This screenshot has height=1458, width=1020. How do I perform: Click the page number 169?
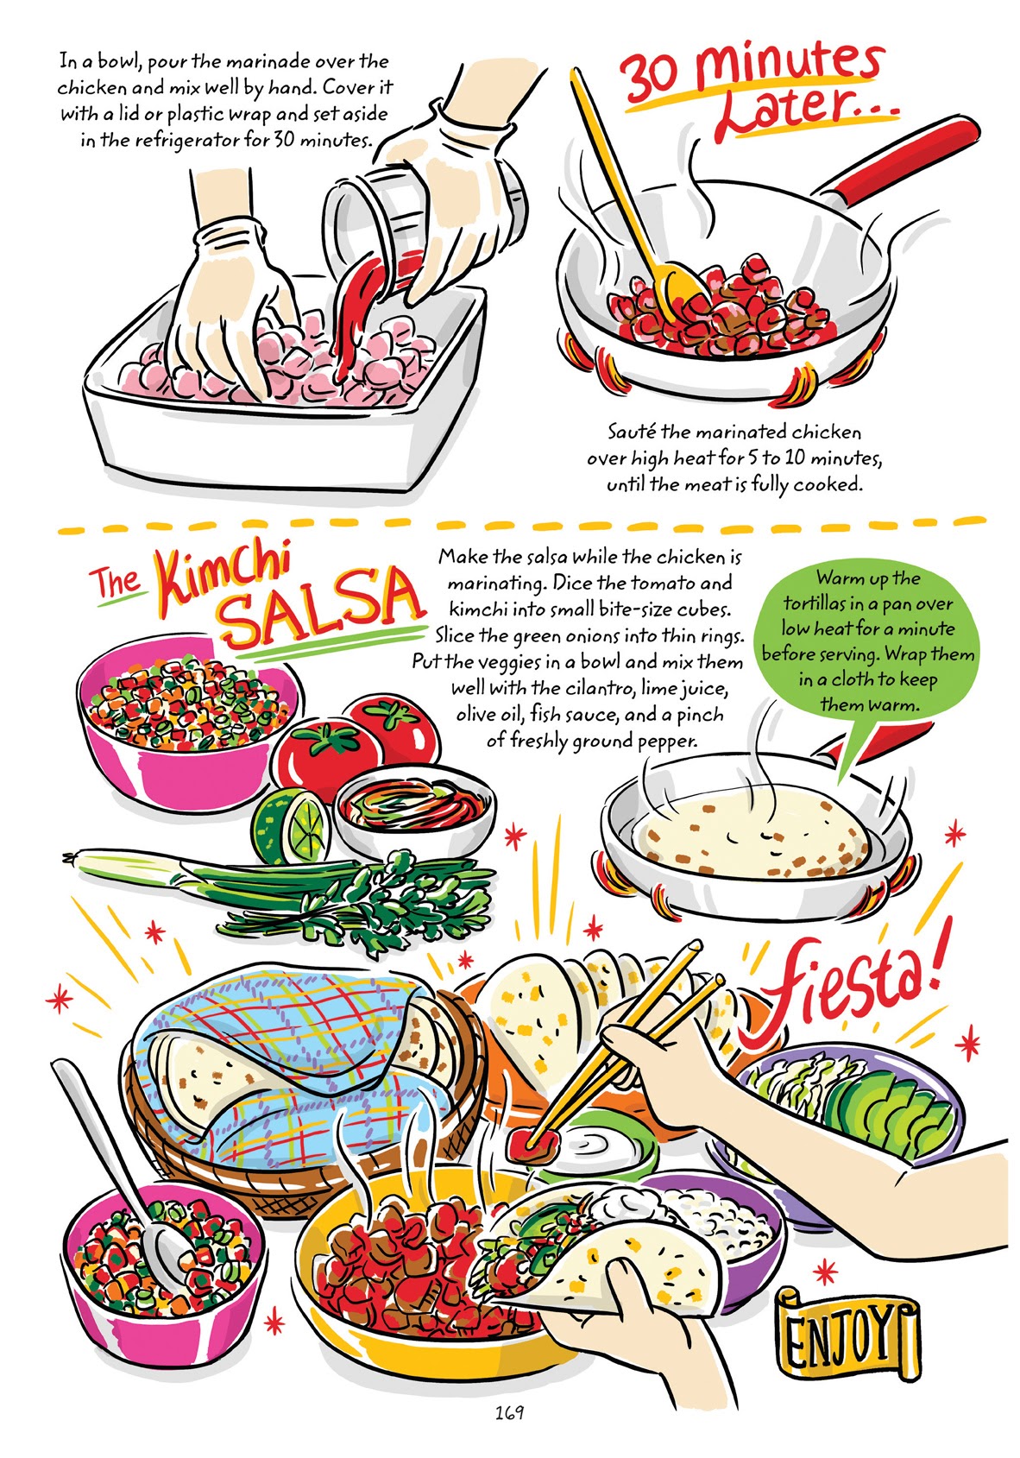[x=509, y=1413]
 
